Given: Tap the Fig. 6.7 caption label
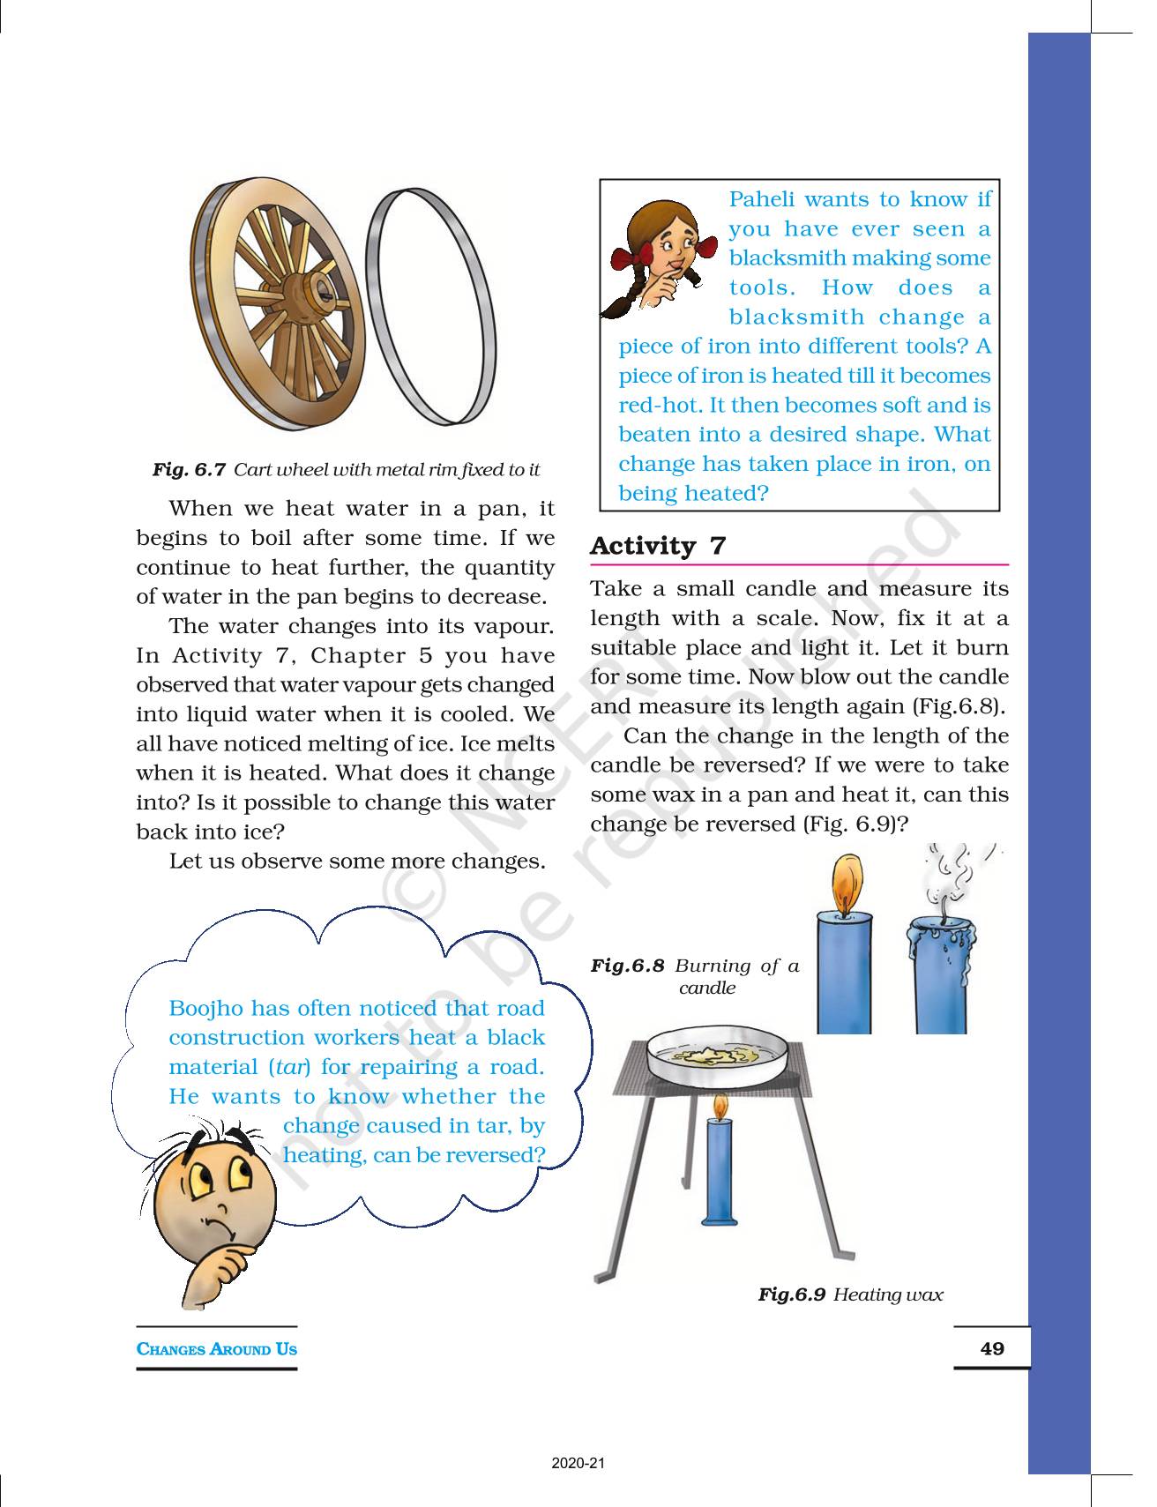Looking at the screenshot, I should [189, 470].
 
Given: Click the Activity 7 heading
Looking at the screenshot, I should [657, 546].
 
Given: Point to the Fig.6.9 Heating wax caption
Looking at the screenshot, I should [850, 1294].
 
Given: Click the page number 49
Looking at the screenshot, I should [992, 1348].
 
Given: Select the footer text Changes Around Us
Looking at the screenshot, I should [216, 1349].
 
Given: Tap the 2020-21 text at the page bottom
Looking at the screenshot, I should [578, 1464].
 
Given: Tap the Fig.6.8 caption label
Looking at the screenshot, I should [627, 966].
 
